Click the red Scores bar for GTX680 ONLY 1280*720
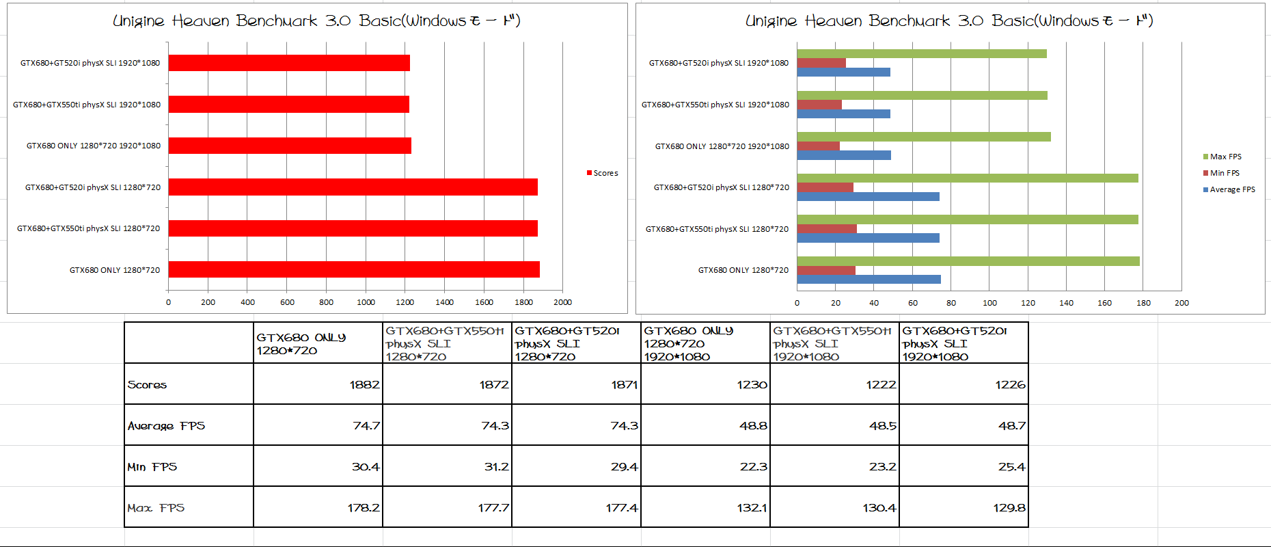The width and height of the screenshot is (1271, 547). [354, 269]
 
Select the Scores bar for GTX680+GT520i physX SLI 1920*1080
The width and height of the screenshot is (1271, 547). [289, 63]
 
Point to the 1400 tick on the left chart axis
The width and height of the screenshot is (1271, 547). [444, 302]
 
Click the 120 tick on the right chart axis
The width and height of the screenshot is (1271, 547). [1028, 303]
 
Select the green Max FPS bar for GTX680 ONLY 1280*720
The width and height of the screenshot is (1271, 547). [968, 261]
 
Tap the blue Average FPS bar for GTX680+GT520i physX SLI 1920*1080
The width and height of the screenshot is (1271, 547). [843, 72]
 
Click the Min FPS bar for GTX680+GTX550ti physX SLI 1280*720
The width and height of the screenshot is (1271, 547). [827, 229]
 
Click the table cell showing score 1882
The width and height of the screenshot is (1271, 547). [318, 384]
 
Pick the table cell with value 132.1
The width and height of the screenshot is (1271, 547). [705, 507]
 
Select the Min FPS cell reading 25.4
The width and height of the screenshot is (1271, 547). [963, 466]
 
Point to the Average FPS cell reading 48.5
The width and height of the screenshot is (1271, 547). [834, 425]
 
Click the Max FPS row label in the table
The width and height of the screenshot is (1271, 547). [156, 507]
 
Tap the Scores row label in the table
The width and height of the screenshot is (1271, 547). [147, 384]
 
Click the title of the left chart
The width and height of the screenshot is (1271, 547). [316, 21]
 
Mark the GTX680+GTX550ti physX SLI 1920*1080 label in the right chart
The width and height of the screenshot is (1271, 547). [715, 105]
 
